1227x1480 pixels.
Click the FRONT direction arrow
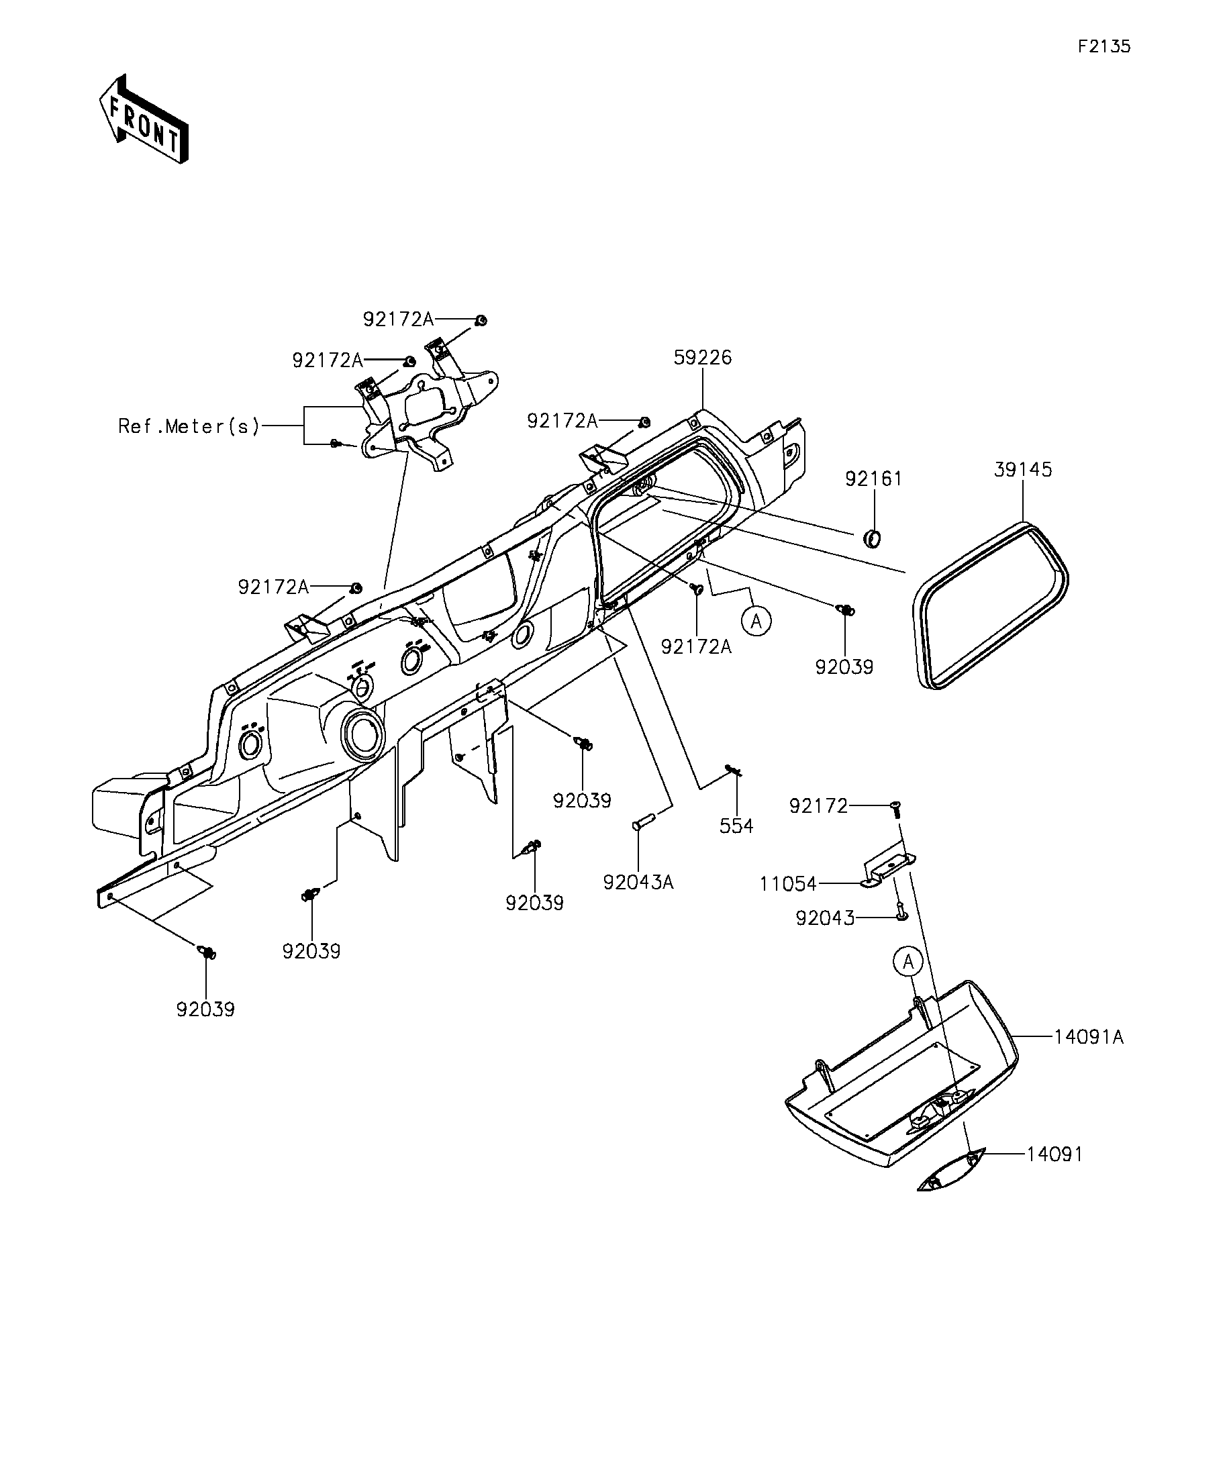pyautogui.click(x=143, y=119)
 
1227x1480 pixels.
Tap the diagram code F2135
pyautogui.click(x=1103, y=46)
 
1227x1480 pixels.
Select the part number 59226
pyautogui.click(x=703, y=357)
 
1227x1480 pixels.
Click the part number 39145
pyautogui.click(x=1023, y=469)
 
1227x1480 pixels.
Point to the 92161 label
pyautogui.click(x=874, y=479)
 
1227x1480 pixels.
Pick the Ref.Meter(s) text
pyautogui.click(x=189, y=426)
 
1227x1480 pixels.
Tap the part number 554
pyautogui.click(x=736, y=826)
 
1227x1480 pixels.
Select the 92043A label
pyautogui.click(x=638, y=883)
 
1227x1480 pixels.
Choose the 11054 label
pyautogui.click(x=788, y=884)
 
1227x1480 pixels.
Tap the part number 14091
pyautogui.click(x=1054, y=1154)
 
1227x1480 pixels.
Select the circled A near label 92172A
pyautogui.click(x=756, y=622)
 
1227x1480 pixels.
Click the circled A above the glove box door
pyautogui.click(x=908, y=961)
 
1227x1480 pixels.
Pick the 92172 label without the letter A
pyautogui.click(x=818, y=805)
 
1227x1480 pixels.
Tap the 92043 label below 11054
pyautogui.click(x=824, y=918)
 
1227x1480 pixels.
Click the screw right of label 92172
pyautogui.click(x=897, y=808)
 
